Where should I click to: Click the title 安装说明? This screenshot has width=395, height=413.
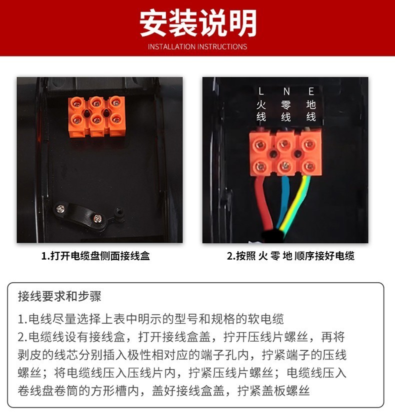198,23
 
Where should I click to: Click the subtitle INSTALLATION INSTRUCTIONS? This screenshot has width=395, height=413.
197,46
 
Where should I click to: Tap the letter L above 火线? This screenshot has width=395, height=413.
261,91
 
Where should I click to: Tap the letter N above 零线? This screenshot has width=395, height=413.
286,91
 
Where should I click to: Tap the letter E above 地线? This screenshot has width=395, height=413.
311,91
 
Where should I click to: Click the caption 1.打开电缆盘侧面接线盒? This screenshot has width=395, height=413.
95,256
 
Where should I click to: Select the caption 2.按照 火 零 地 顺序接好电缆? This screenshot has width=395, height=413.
290,256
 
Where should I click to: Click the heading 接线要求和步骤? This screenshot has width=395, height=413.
59,296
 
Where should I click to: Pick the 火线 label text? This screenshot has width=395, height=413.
261,111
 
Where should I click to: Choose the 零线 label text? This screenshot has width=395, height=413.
286,111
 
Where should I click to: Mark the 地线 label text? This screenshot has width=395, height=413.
311,111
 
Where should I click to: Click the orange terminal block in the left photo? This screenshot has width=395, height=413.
97,117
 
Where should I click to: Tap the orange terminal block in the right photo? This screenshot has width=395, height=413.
285,153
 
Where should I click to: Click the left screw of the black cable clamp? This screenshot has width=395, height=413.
60,209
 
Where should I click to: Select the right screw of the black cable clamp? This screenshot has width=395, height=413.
97,218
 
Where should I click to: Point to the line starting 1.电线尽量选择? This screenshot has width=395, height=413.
150,319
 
